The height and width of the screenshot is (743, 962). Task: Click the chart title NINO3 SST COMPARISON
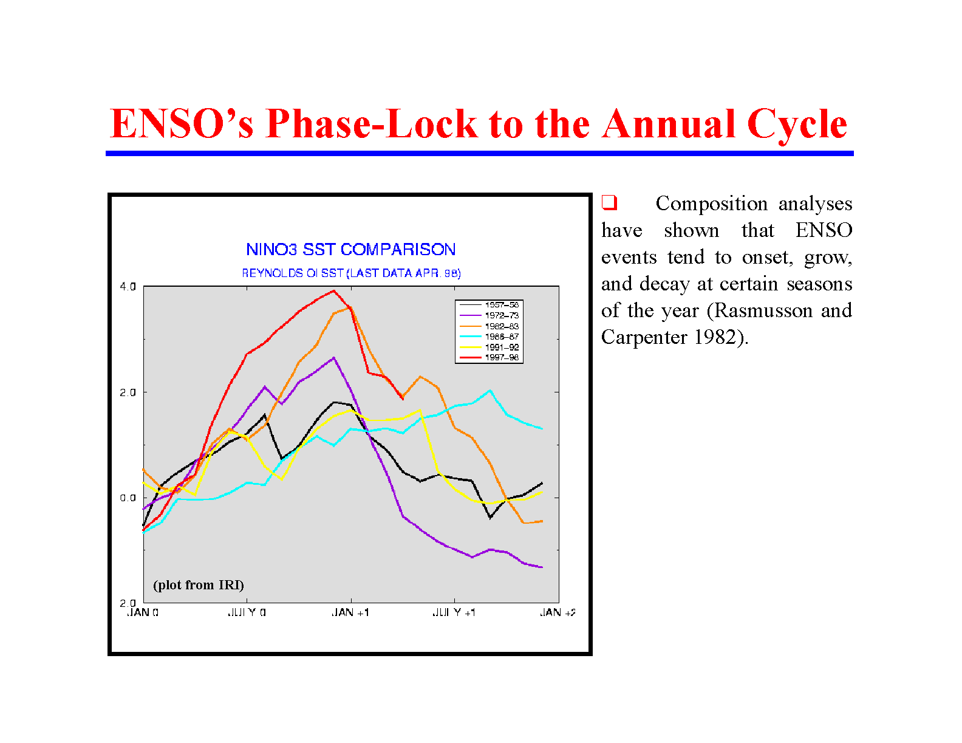(350, 250)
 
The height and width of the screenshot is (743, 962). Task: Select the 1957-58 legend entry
(501, 305)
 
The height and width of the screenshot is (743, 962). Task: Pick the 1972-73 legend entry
(501, 315)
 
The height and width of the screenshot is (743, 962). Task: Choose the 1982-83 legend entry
(501, 326)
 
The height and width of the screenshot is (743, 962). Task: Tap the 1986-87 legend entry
(501, 337)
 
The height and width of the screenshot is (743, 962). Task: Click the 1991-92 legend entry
(501, 348)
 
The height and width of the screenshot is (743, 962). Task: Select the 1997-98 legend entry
(501, 357)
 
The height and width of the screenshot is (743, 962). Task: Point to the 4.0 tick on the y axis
(128, 287)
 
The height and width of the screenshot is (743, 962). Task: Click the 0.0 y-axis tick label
(128, 498)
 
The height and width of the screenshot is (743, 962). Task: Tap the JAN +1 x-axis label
(350, 612)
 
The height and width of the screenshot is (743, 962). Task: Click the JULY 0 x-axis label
(247, 612)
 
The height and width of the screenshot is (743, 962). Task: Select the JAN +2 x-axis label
(558, 612)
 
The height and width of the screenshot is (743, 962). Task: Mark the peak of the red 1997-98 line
(333, 290)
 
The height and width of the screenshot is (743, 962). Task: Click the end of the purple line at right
(541, 567)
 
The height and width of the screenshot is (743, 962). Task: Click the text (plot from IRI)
(199, 585)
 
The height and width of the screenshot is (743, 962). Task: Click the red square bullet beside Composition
(609, 202)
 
